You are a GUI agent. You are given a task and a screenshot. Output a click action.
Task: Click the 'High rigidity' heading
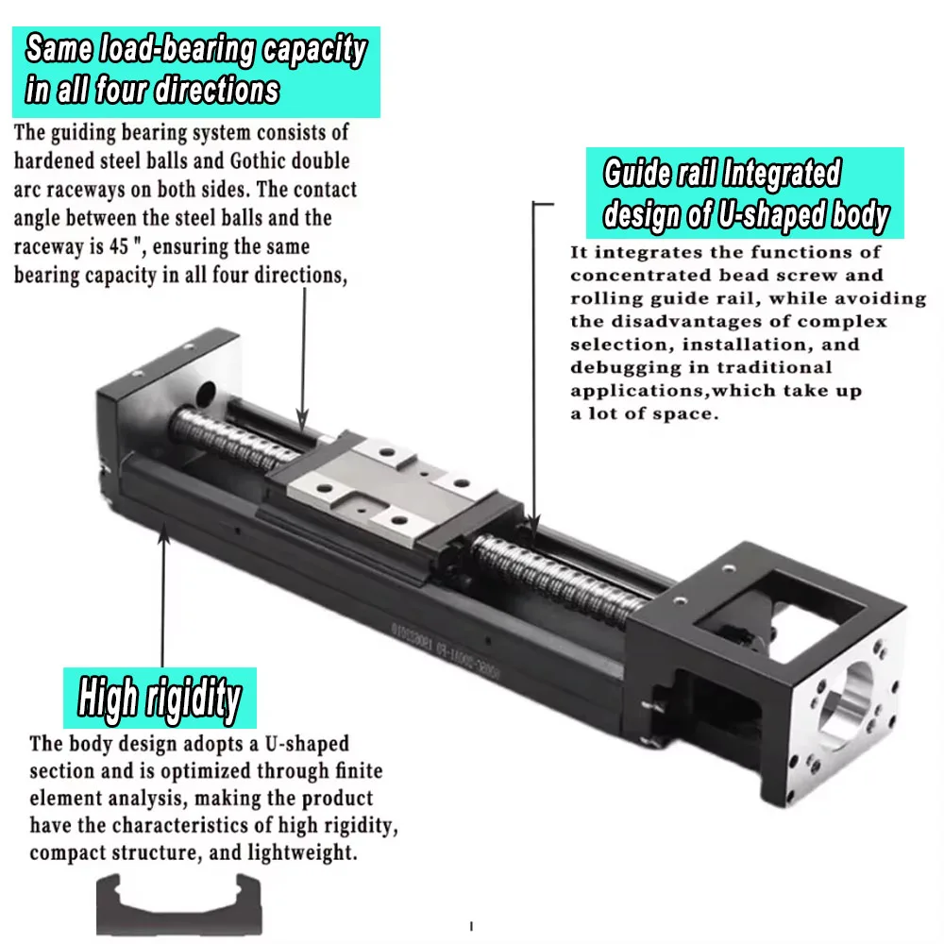[159, 700]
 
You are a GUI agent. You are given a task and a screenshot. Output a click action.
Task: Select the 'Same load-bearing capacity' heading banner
[196, 70]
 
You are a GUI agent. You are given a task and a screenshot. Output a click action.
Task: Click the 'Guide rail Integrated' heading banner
[745, 194]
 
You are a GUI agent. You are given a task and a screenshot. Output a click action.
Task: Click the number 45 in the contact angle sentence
[225, 247]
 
